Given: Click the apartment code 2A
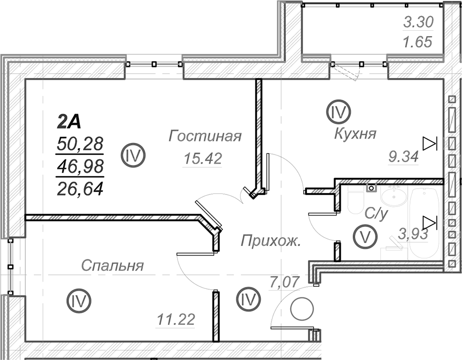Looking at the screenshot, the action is point(69,122).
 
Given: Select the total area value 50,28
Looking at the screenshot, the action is point(80,144).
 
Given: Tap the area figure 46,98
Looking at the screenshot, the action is point(80,167).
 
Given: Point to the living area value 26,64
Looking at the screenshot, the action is point(80,189).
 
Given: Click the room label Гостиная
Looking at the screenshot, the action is point(205,136).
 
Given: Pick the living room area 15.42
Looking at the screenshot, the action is point(203,159).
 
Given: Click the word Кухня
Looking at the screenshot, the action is point(355,134).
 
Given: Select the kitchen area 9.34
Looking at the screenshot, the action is point(403,156).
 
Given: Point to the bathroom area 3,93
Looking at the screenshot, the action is point(413,234).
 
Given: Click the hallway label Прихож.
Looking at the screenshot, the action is point(270,241).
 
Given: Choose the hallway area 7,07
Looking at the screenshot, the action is point(285,282).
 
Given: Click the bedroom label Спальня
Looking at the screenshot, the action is point(113,266).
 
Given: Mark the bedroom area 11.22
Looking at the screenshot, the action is point(176,320).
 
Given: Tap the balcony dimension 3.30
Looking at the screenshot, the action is point(418,22).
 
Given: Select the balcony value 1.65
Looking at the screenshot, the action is point(418,42).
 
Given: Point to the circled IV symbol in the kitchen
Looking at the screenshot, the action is point(338,112).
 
